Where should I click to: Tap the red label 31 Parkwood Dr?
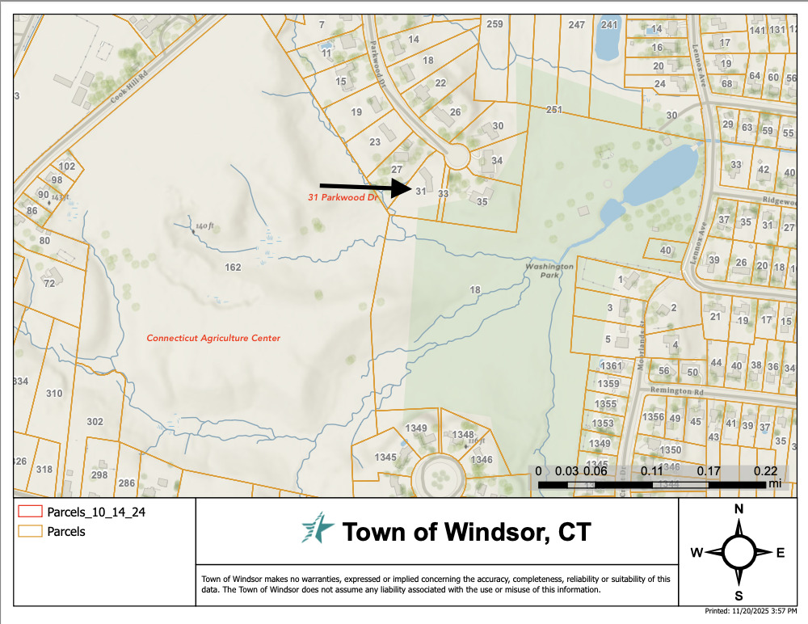click(343, 197)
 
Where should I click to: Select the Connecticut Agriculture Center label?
click(213, 338)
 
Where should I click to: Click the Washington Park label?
click(549, 270)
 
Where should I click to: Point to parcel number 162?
click(233, 267)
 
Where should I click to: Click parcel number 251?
click(553, 109)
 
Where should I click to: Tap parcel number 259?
click(494, 24)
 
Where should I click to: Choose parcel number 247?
click(576, 25)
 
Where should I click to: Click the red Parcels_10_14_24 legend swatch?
click(29, 512)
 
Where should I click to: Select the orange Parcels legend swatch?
click(29, 532)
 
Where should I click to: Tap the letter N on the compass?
click(738, 508)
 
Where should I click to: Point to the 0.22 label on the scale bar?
click(764, 470)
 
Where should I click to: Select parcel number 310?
click(54, 394)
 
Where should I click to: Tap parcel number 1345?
click(385, 457)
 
